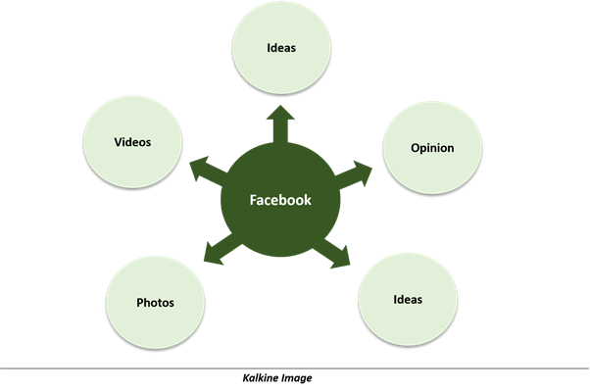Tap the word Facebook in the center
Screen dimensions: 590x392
(280, 200)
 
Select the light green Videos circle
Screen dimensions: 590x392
(132, 142)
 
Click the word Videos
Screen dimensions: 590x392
(132, 142)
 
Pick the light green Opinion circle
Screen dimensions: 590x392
(432, 147)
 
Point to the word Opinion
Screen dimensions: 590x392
(432, 148)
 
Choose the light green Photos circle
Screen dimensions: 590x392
(155, 303)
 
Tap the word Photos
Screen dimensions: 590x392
(155, 303)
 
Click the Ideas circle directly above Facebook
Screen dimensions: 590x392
(281, 47)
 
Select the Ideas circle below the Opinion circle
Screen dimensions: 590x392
(408, 300)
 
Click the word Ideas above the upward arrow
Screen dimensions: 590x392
(281, 48)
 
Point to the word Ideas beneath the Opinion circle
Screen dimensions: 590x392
(408, 300)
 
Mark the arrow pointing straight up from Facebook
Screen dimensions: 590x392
(280, 124)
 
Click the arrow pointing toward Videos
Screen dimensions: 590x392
(209, 171)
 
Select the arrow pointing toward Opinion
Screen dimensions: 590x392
(353, 174)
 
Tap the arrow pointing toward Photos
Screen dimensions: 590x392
(222, 248)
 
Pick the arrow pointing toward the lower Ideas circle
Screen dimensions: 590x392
(331, 253)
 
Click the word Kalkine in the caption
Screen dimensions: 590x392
(258, 377)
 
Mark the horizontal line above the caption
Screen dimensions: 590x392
(295, 368)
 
